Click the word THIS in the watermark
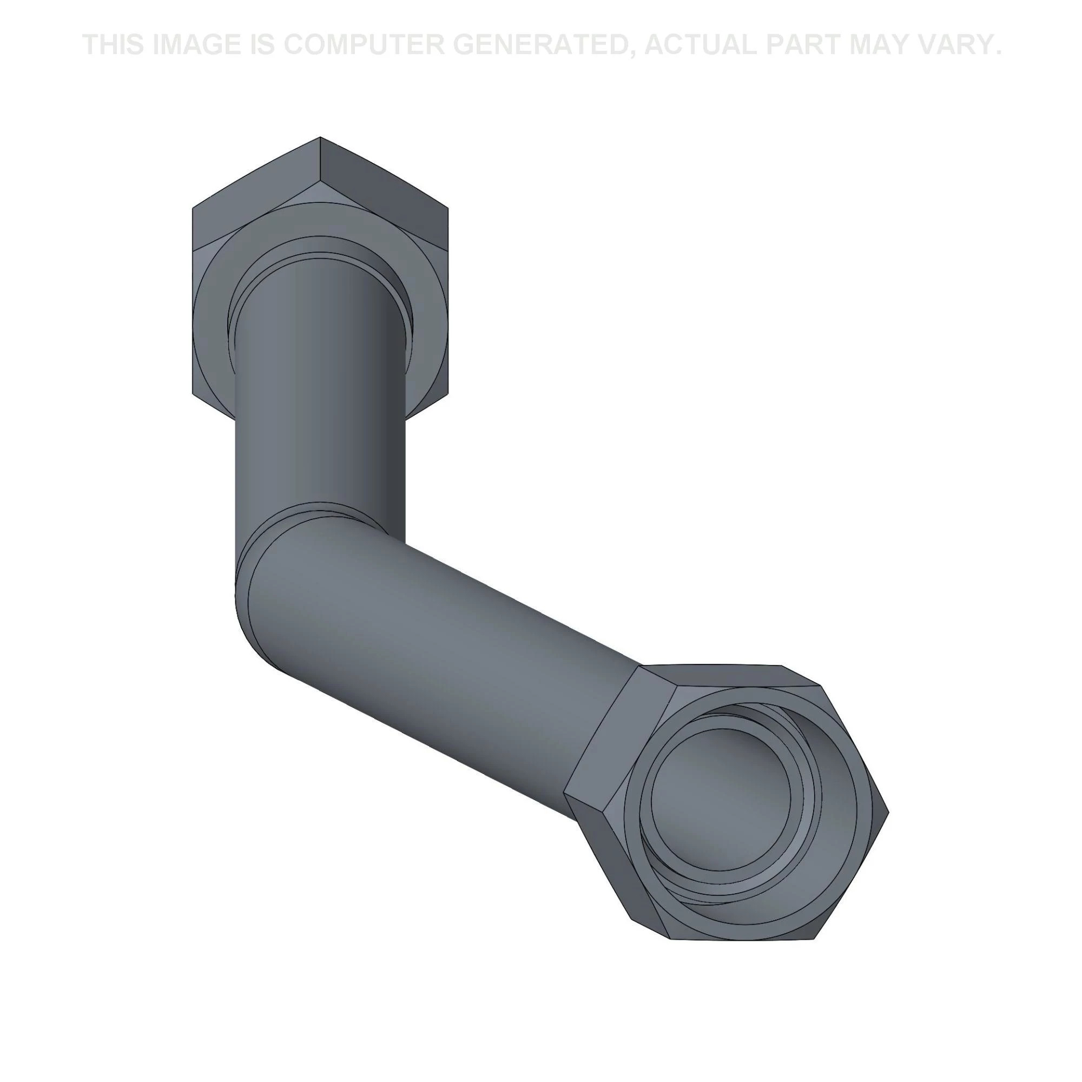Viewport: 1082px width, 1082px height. (114, 45)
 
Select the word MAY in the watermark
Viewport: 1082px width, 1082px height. (878, 45)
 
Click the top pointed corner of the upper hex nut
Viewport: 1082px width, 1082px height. (320, 137)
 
